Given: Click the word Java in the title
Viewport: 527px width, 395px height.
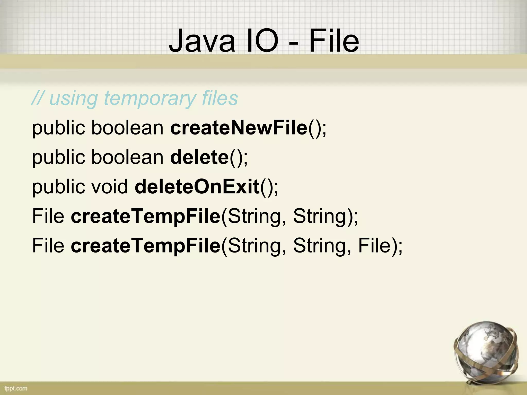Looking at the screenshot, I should pyautogui.click(x=202, y=41).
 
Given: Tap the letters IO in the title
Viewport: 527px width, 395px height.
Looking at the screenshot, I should pyautogui.click(x=262, y=41).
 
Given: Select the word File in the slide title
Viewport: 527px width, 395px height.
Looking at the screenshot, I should pyautogui.click(x=334, y=41).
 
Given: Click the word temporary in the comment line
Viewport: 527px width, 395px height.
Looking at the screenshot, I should pyautogui.click(x=149, y=99).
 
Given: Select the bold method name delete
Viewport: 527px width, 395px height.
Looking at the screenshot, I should pyautogui.click(x=199, y=157).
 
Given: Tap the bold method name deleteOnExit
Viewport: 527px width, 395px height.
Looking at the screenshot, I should pyautogui.click(x=197, y=186).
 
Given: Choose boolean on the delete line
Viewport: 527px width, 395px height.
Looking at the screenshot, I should pyautogui.click(x=127, y=157).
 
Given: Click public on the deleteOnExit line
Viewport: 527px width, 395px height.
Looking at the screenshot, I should pyautogui.click(x=58, y=187).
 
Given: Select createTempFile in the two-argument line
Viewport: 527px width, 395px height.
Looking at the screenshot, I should pyautogui.click(x=146, y=216).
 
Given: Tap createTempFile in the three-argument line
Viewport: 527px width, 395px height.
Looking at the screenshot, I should pyautogui.click(x=146, y=246).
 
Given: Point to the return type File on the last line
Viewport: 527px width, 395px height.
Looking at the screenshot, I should pyautogui.click(x=48, y=246).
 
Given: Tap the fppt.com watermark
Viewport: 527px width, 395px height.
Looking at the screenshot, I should pyautogui.click(x=16, y=388).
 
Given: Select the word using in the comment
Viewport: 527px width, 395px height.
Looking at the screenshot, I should pyautogui.click(x=73, y=99).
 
